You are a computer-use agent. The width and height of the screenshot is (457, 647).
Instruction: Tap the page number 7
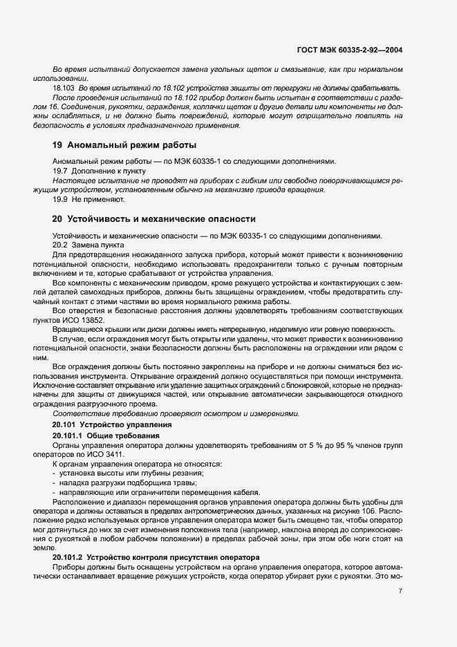(x=401, y=590)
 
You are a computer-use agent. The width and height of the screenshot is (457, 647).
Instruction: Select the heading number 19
(x=58, y=145)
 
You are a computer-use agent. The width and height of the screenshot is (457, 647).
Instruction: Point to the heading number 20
(x=58, y=218)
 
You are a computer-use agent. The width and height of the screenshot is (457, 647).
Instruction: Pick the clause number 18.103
(x=64, y=90)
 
